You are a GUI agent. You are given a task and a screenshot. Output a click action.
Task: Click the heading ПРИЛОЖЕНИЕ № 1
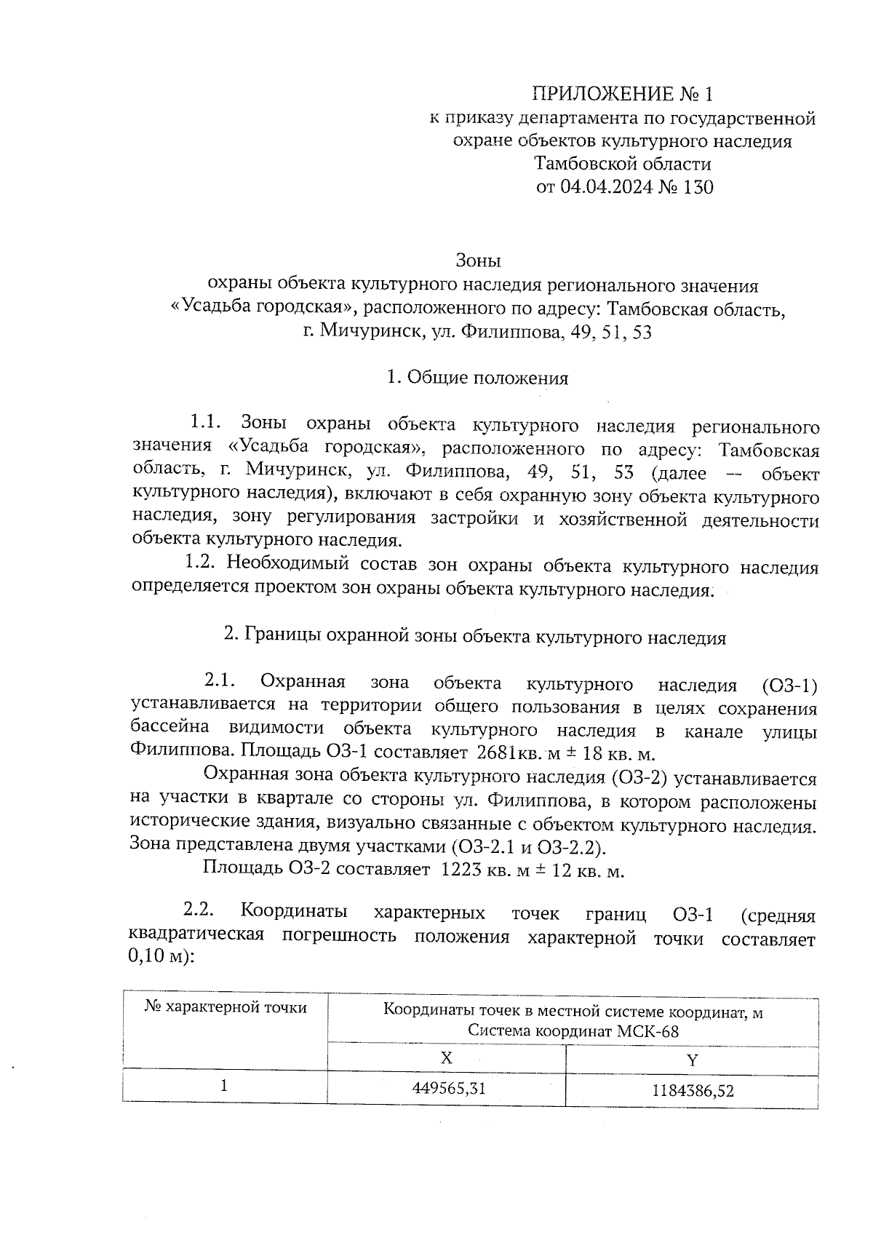tap(623, 94)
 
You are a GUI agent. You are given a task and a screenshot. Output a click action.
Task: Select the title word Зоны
tap(478, 260)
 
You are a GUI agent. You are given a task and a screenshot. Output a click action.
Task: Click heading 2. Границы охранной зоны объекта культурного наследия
tap(474, 638)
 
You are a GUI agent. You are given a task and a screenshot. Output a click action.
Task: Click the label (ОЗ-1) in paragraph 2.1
tap(789, 685)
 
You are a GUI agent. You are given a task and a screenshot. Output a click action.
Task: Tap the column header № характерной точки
tap(225, 1007)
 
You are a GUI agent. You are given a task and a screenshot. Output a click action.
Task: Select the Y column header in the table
tap(692, 1060)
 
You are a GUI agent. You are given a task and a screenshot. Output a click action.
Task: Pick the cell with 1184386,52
tap(693, 1090)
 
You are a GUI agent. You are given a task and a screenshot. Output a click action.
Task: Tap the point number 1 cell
tap(225, 1086)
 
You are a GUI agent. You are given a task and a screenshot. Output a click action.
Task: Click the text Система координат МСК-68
tap(573, 1031)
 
